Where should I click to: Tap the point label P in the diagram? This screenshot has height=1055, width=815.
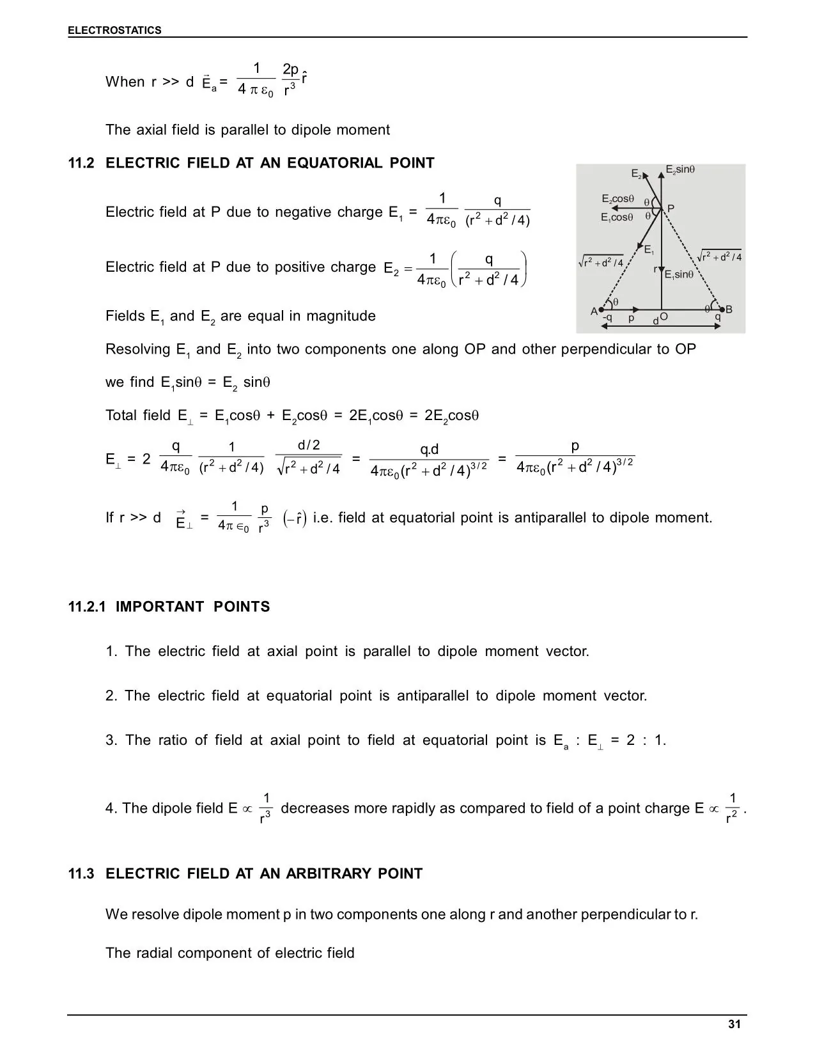pos(671,208)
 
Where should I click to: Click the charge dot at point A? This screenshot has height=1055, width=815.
pos(602,310)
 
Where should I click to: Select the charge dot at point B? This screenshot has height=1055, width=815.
pos(722,310)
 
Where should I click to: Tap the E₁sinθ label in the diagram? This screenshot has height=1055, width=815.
pos(679,275)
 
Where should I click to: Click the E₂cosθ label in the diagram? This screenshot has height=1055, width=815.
pos(617,199)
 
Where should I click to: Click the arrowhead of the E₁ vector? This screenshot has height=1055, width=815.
pos(640,245)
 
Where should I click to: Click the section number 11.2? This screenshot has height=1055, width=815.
pos(81,163)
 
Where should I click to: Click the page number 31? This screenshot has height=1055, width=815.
pos(734,1024)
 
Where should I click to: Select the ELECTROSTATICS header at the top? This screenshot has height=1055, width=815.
pos(115,30)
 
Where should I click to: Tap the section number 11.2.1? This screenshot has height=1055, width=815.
pos(88,606)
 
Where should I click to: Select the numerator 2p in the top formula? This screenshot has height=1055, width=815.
pos(290,69)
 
